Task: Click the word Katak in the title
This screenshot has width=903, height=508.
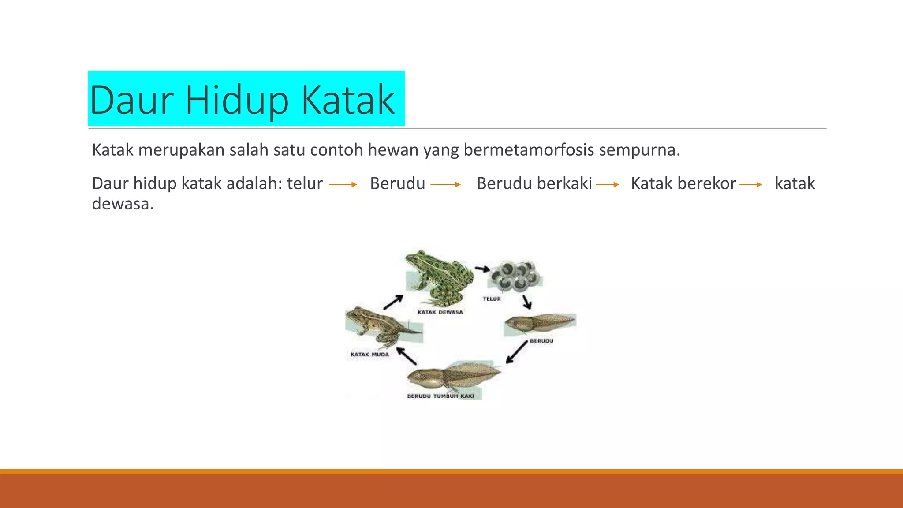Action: click(348, 100)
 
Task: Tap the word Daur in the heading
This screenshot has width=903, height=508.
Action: click(131, 100)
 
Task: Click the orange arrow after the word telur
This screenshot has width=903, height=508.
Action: click(343, 184)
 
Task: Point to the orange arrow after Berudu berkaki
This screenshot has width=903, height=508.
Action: click(608, 184)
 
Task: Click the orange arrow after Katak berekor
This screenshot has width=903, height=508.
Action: click(751, 184)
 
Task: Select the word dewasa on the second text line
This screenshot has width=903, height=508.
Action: click(123, 204)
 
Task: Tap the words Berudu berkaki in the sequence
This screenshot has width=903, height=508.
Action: click(534, 183)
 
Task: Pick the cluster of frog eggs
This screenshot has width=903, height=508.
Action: click(515, 276)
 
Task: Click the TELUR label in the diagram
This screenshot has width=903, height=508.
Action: click(492, 299)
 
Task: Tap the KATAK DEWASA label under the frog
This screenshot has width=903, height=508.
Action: click(440, 312)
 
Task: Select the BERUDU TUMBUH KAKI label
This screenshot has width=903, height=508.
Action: click(440, 396)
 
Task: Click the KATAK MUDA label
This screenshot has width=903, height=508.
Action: click(369, 354)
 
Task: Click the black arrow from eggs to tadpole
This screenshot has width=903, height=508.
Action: click(527, 302)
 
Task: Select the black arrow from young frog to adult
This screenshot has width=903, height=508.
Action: click(393, 302)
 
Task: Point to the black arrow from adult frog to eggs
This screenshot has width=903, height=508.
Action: click(482, 269)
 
